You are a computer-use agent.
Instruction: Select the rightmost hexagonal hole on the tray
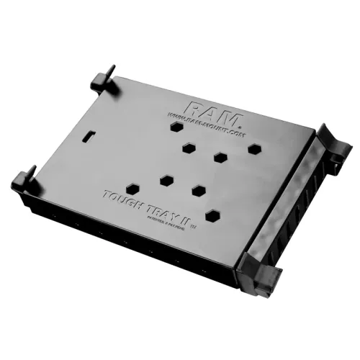[254, 149]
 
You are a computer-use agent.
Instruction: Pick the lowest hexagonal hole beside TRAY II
[212, 214]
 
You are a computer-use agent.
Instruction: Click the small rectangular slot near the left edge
[89, 135]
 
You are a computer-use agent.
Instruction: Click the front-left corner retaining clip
[26, 177]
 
